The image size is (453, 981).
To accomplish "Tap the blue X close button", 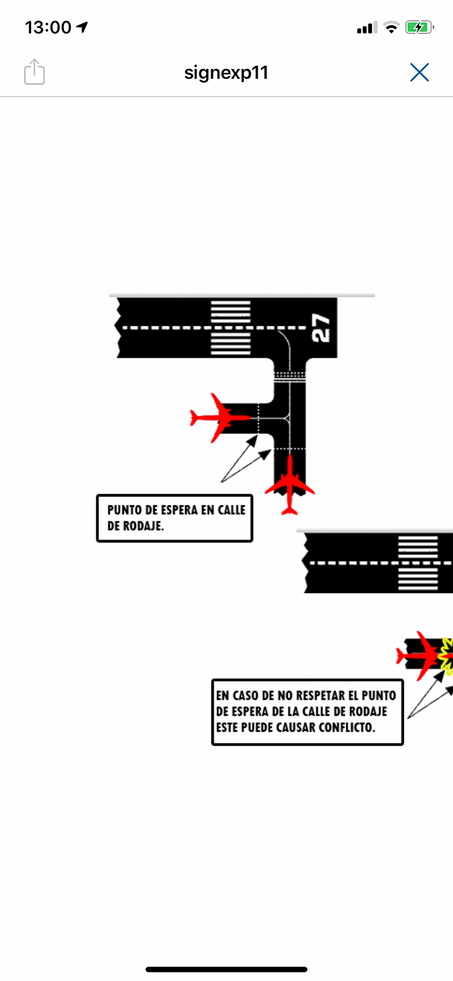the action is click(x=419, y=72).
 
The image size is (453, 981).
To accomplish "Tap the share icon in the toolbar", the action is click(x=34, y=72).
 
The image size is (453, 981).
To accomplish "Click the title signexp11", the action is click(x=226, y=72).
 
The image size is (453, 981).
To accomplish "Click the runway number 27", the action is click(x=321, y=327).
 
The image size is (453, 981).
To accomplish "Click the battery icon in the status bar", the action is click(x=419, y=27).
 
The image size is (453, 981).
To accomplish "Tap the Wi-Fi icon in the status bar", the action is click(x=391, y=27).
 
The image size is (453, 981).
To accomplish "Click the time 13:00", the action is click(x=48, y=27).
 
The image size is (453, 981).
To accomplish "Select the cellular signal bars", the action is click(x=367, y=27).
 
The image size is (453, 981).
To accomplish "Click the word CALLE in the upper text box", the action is click(x=232, y=510).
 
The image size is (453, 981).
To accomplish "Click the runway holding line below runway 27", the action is click(x=290, y=376).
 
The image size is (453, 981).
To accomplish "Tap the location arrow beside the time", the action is click(x=82, y=27).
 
